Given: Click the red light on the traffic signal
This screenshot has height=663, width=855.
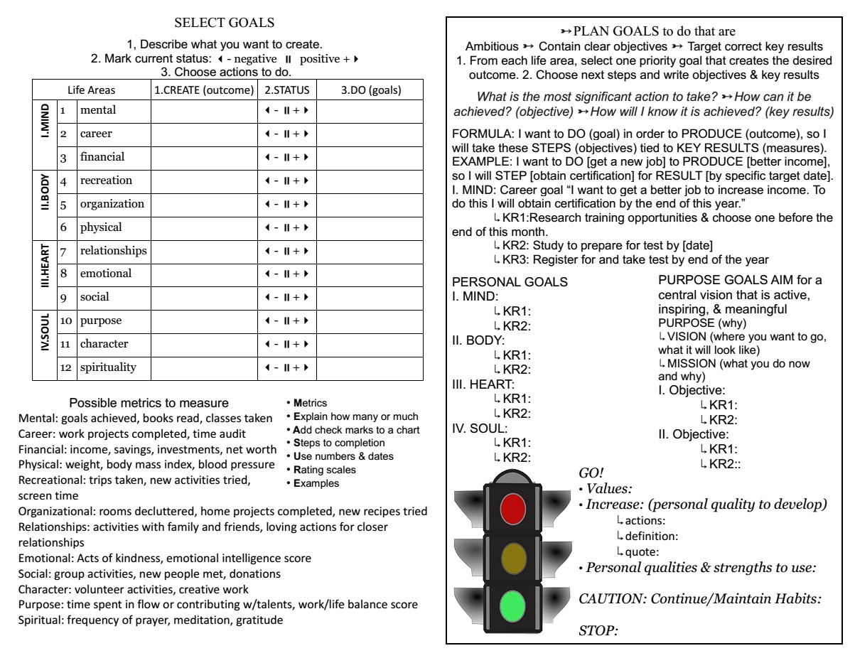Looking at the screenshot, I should [512, 508].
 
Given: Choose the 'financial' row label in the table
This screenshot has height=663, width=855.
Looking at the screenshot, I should [102, 156].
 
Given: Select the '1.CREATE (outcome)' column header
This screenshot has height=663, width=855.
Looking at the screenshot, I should [204, 90].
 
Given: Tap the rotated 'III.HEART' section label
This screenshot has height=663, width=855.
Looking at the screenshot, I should [43, 274].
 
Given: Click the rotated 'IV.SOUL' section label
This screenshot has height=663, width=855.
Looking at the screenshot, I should [43, 344].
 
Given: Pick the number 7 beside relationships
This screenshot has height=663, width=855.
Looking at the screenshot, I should [63, 251].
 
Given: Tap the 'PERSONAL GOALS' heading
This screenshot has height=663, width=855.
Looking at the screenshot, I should [510, 282].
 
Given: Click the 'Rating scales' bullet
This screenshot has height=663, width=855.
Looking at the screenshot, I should [318, 469].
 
